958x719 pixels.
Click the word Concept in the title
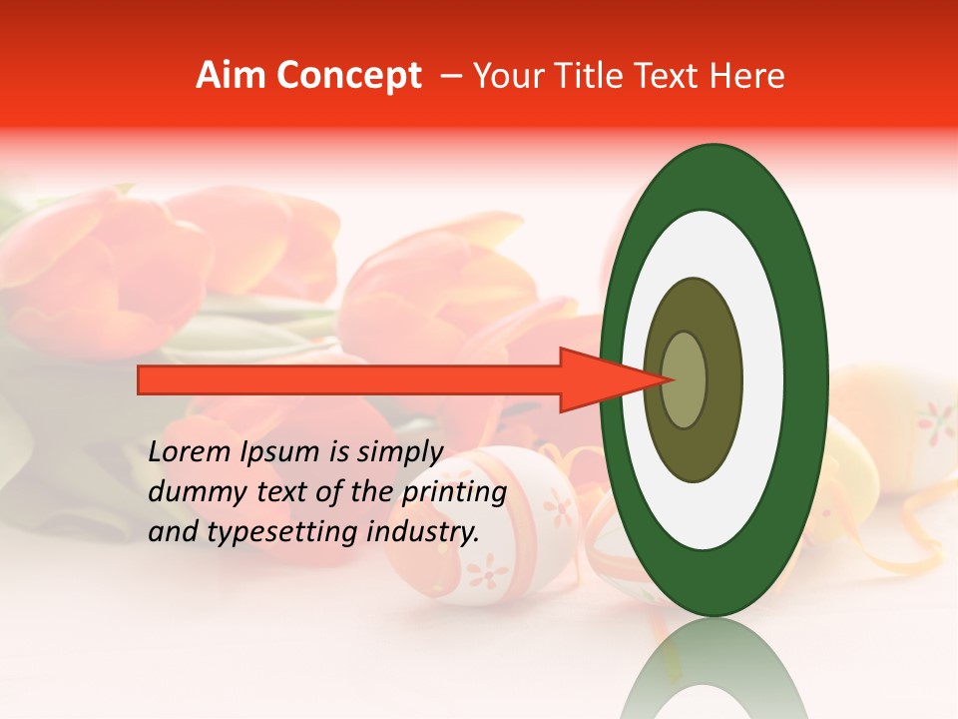pyautogui.click(x=348, y=76)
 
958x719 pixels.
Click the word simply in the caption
pyautogui.click(x=398, y=452)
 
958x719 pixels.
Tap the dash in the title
pyautogui.click(x=451, y=76)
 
